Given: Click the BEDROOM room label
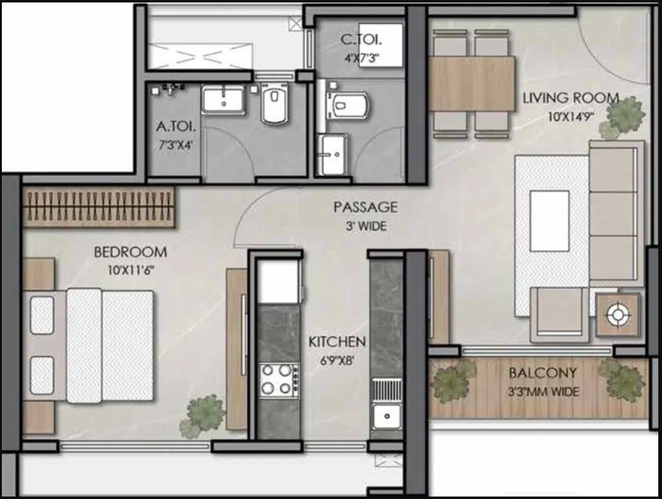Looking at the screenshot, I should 130,252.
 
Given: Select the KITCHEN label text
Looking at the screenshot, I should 337,342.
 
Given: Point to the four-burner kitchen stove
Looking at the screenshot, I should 276,379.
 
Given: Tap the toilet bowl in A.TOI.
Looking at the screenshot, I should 274,103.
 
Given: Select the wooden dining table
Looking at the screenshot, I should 471,83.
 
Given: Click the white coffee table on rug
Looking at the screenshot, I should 550,220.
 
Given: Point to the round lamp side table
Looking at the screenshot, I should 616,315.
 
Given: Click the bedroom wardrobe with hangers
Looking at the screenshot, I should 99,206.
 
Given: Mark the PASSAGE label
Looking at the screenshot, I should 365,207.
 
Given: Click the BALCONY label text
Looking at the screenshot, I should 543,373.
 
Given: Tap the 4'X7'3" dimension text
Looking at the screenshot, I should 362,59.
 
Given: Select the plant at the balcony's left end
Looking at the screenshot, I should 453,380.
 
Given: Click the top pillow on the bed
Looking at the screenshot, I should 42,315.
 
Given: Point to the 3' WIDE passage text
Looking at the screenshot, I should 366,226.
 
